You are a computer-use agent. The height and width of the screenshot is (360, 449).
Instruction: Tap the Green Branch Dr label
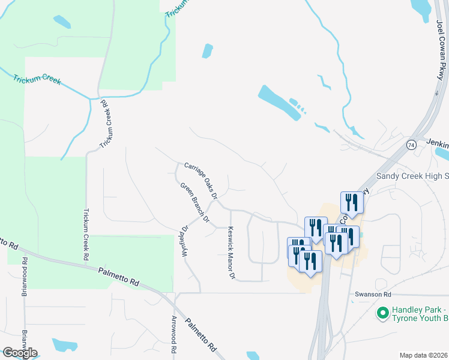(194, 203)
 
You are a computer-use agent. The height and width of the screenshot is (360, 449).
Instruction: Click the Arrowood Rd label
(174, 334)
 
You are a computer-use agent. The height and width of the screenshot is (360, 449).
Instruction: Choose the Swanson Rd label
(373, 295)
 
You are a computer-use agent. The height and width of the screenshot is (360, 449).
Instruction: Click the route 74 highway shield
(411, 145)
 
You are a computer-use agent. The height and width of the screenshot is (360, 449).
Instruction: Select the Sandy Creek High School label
(412, 176)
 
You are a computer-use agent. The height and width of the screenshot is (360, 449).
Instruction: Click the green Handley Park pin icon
(382, 313)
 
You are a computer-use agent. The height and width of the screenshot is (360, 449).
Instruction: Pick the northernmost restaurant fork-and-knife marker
(352, 203)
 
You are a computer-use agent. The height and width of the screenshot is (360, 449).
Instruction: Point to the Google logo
(19, 353)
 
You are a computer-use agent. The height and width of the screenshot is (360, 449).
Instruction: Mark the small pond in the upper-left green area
(62, 22)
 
